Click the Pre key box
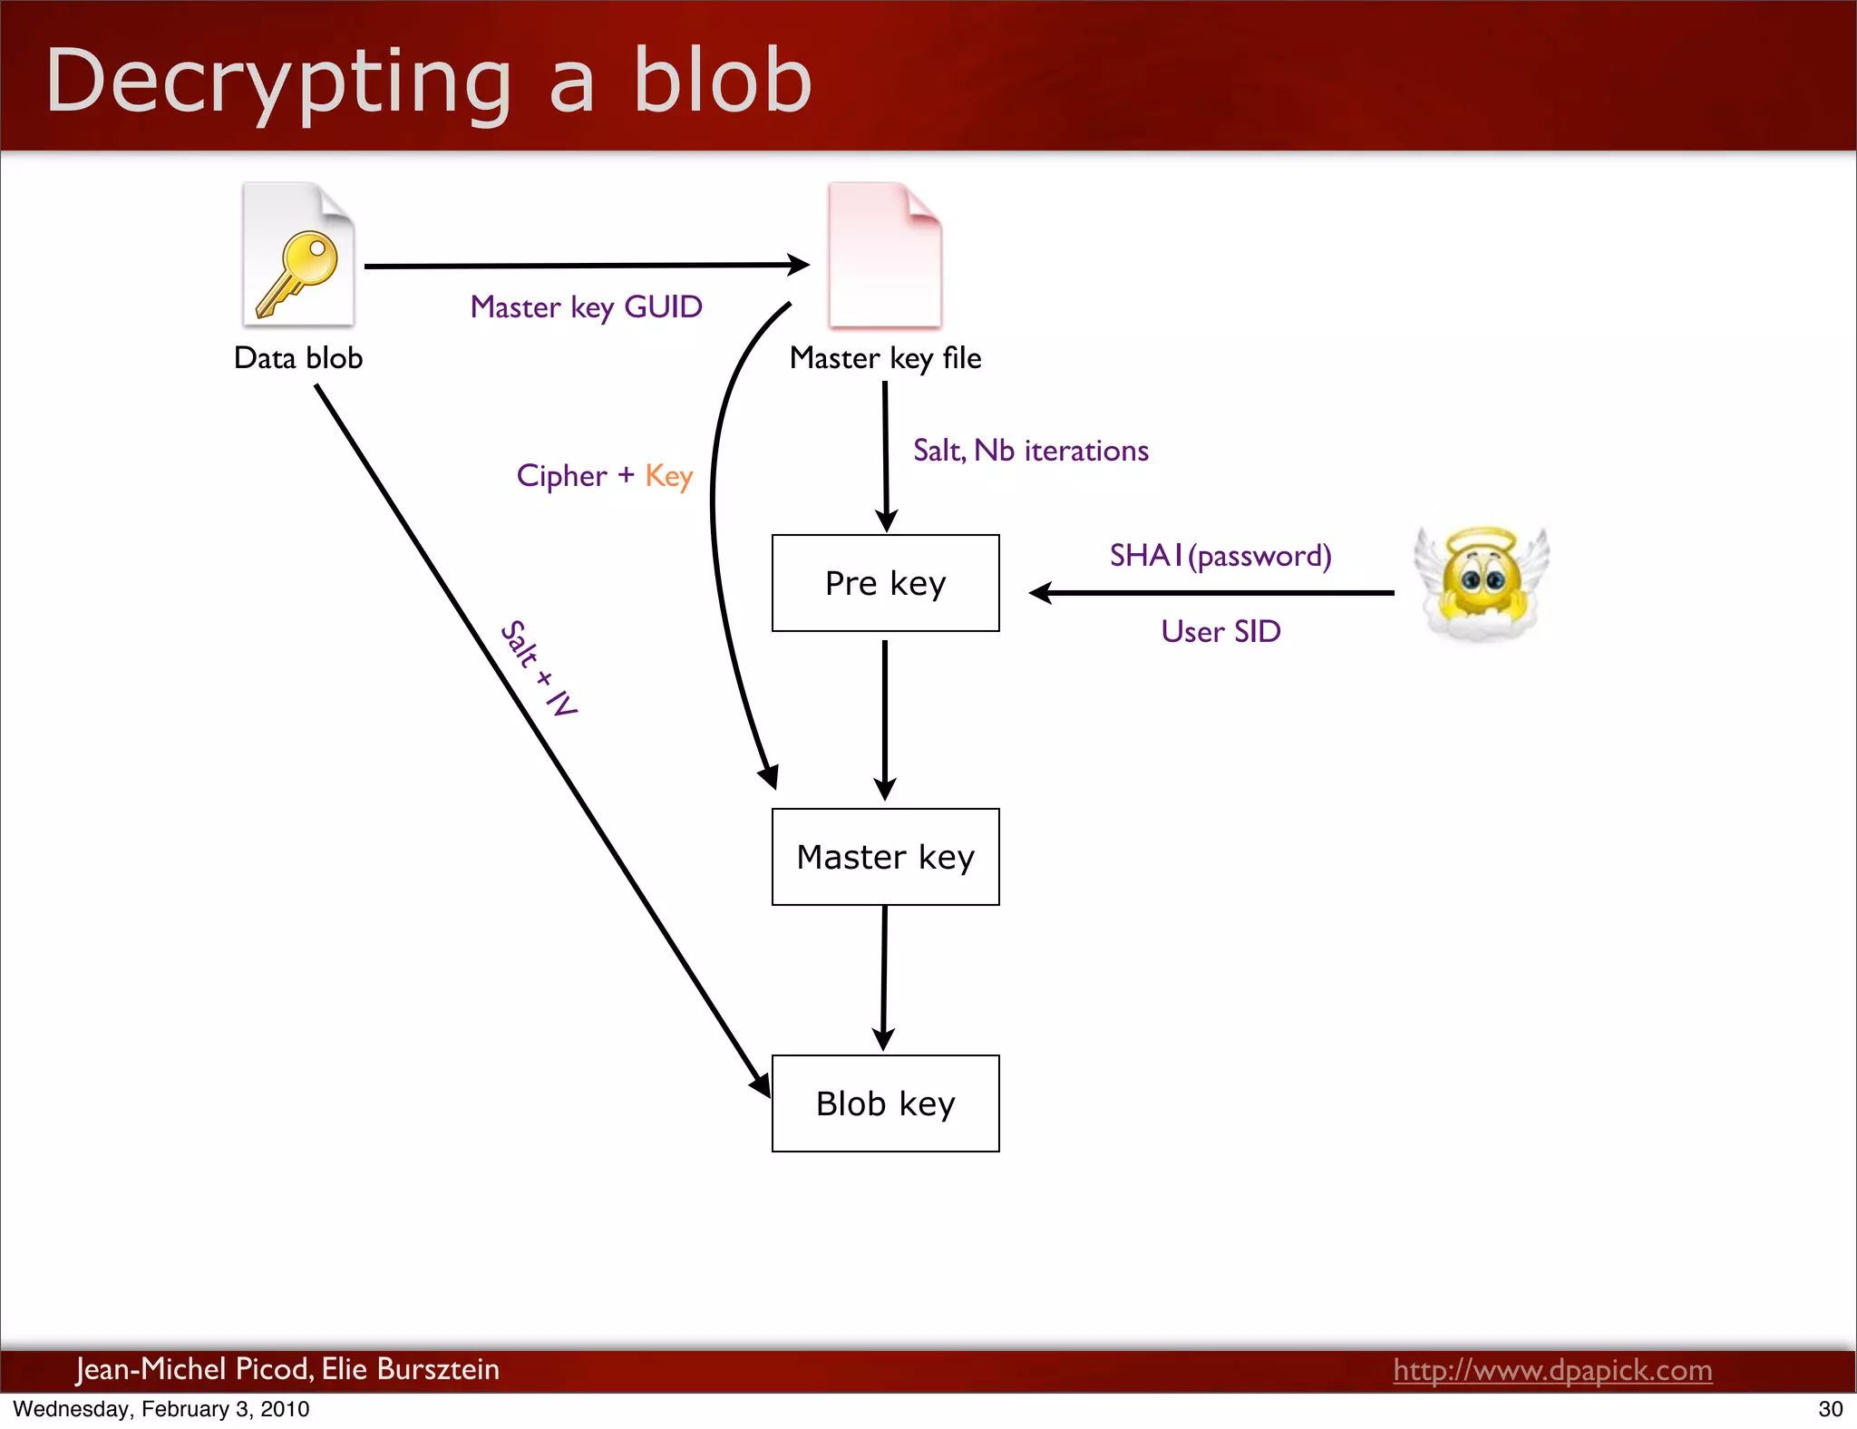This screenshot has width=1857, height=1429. (x=885, y=583)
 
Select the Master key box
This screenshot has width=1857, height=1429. (x=885, y=857)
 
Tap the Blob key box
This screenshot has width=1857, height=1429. (x=885, y=1103)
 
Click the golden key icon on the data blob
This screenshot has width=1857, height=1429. (x=297, y=273)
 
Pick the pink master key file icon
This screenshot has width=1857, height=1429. (x=885, y=256)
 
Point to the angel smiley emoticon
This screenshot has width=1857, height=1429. (x=1482, y=582)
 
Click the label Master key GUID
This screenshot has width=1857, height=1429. (x=586, y=307)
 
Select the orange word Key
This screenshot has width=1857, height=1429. (x=668, y=476)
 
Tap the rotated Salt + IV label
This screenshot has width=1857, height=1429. (x=540, y=669)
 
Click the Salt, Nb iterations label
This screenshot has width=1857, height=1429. (x=1030, y=451)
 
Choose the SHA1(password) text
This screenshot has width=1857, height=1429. (x=1220, y=555)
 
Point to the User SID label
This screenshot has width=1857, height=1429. (x=1220, y=631)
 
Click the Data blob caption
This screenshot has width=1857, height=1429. (x=298, y=358)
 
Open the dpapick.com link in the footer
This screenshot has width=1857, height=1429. (x=1552, y=1369)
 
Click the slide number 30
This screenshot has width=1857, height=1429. (x=1830, y=1409)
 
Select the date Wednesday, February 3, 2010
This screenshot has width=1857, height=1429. (x=161, y=1409)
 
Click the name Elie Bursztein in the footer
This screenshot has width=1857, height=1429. (x=410, y=1368)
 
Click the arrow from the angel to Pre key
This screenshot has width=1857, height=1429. (x=1211, y=593)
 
